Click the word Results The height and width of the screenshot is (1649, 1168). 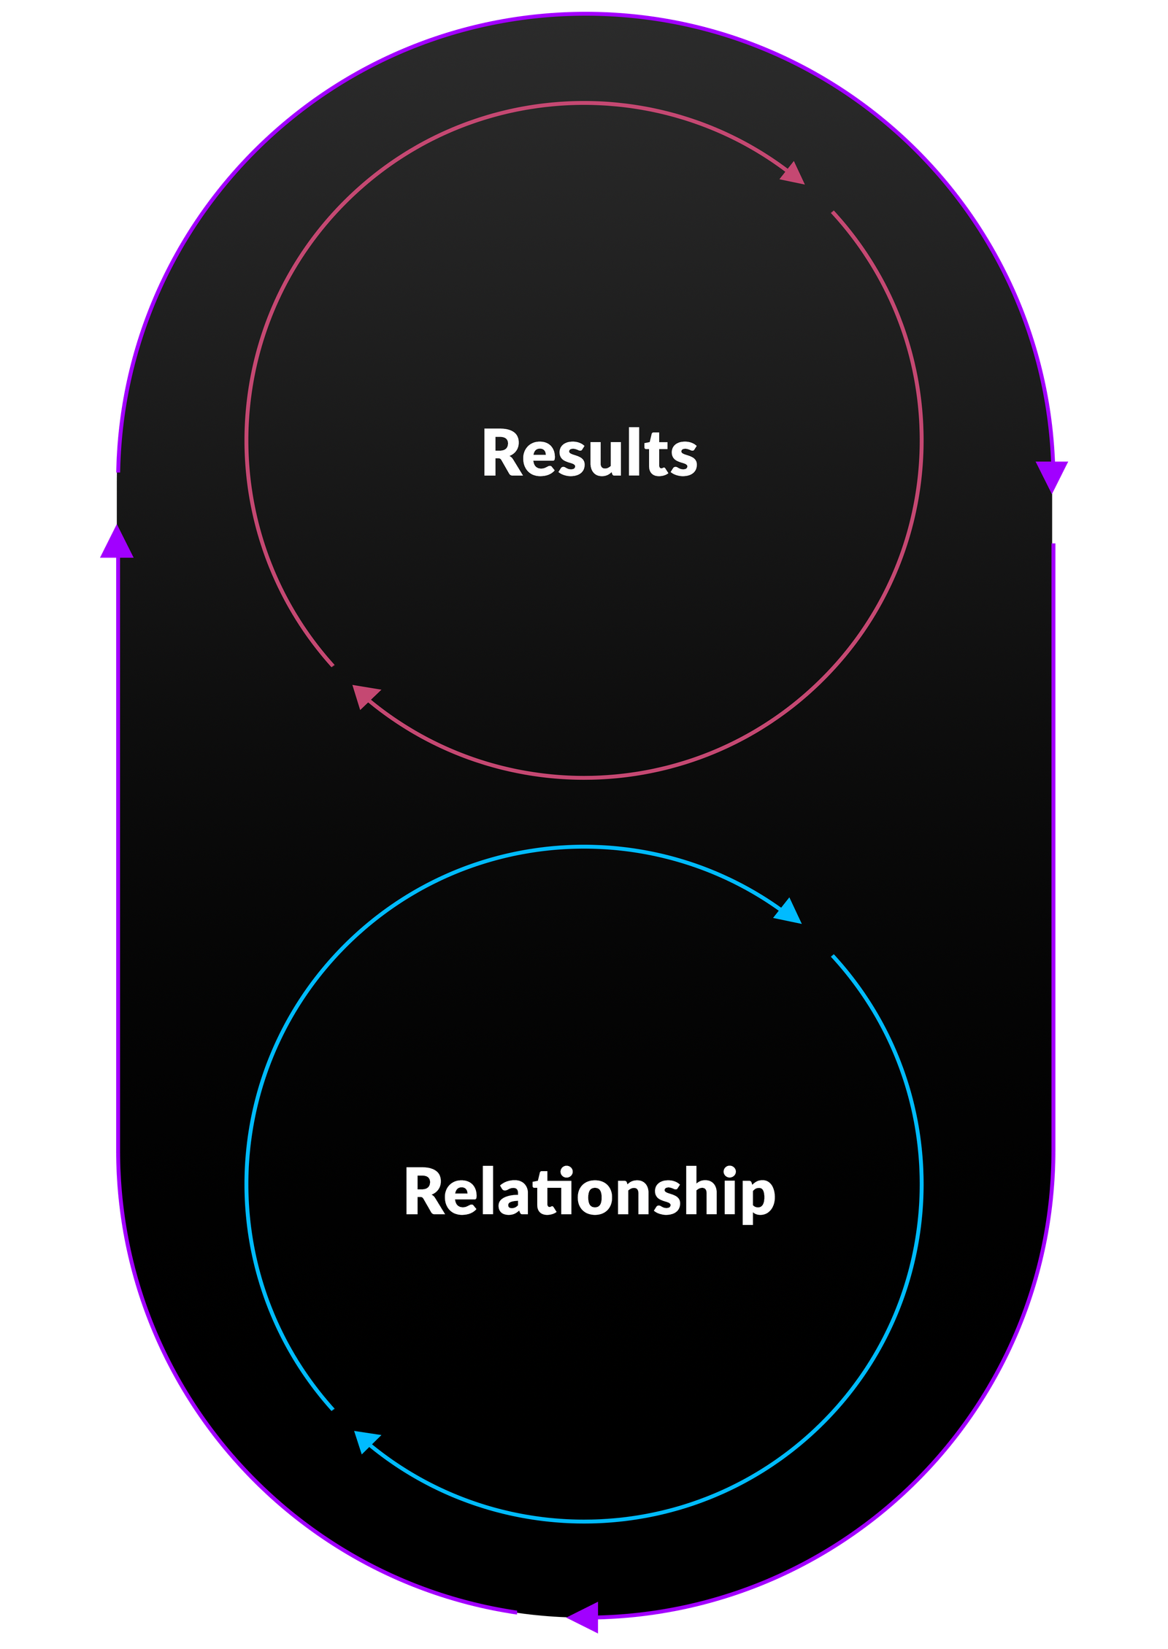coord(589,453)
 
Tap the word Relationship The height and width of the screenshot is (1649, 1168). coord(589,1192)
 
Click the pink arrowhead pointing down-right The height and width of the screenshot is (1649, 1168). coord(794,174)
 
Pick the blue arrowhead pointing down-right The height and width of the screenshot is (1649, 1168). coord(790,912)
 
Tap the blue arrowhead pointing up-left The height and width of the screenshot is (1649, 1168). coord(365,1440)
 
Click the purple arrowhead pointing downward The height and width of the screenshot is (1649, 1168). coord(1052,474)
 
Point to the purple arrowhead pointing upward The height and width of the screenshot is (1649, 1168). coord(116,543)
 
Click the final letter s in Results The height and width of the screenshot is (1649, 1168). coord(683,460)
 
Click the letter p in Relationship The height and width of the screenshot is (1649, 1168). coord(759,1200)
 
